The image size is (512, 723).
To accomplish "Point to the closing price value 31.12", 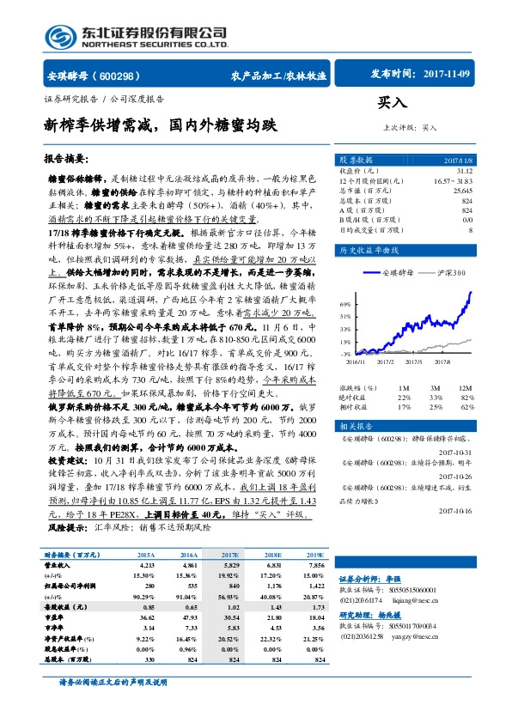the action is (x=461, y=171).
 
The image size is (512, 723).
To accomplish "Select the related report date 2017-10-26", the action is (x=454, y=477).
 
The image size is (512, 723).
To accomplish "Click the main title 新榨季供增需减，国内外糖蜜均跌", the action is (x=161, y=125).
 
